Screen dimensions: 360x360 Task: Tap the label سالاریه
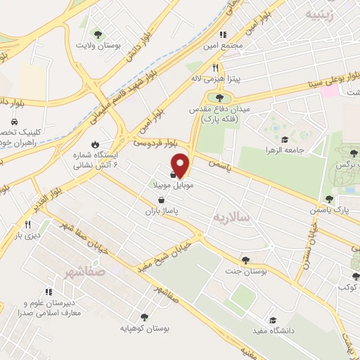tap(232, 218)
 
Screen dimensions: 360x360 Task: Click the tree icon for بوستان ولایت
tap(98, 34)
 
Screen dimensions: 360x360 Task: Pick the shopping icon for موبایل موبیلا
tap(173, 174)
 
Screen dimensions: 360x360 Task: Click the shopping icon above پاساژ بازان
tap(162, 200)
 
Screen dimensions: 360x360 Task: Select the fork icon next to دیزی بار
tap(28, 225)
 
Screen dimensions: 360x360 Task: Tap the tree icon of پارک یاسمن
tap(329, 200)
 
